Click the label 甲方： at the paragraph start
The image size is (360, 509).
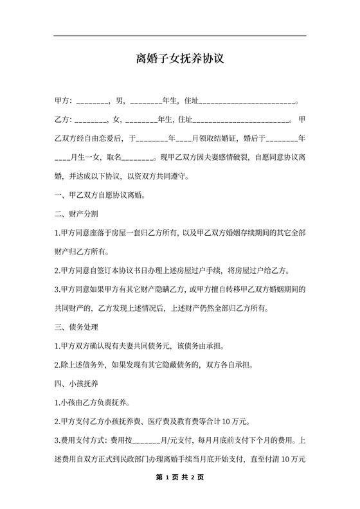click(64, 102)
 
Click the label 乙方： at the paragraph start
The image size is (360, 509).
click(64, 120)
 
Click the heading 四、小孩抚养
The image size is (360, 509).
click(76, 384)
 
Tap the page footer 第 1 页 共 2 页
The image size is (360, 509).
click(179, 478)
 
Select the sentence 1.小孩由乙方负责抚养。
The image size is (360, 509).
click(92, 403)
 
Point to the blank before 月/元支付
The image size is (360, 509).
click(148, 442)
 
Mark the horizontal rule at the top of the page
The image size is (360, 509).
click(179, 35)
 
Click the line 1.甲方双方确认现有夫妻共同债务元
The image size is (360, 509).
click(139, 346)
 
